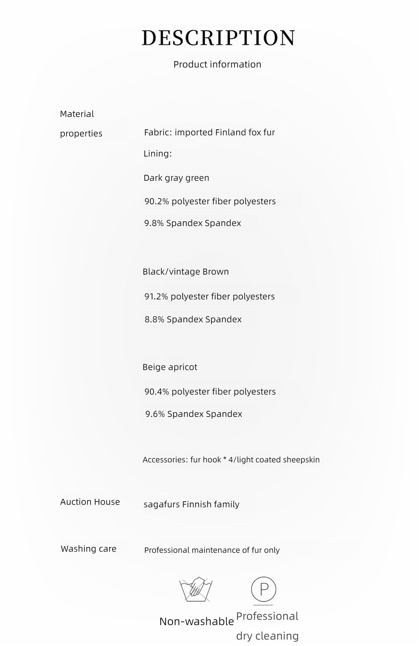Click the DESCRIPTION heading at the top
[x=218, y=38]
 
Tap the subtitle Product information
[x=217, y=64]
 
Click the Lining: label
[x=157, y=154]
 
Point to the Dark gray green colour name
[x=176, y=178]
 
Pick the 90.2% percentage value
[x=157, y=201]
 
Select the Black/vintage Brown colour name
[x=186, y=272]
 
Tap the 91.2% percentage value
[x=156, y=297]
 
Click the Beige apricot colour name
[x=170, y=367]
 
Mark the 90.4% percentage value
[x=157, y=392]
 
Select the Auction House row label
[x=90, y=502]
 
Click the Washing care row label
[x=88, y=549]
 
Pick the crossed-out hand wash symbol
[x=196, y=589]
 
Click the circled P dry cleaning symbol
[x=264, y=589]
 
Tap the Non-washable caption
[x=197, y=621]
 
